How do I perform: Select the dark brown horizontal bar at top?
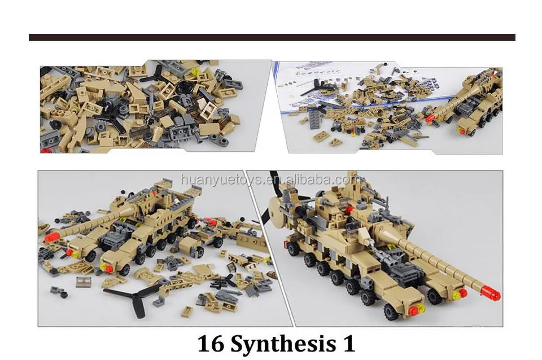pos(272,37)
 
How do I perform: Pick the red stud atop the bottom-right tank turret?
pos(350,209)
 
